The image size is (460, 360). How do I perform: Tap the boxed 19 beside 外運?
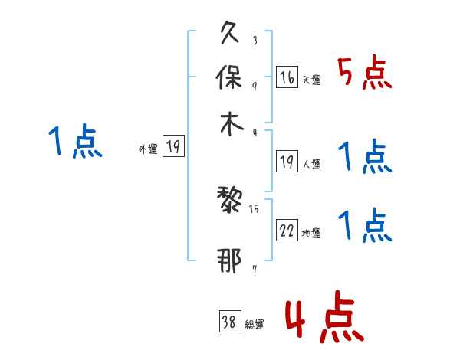click(x=174, y=147)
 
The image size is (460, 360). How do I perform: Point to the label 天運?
click(x=311, y=80)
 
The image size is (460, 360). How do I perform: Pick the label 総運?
click(x=255, y=324)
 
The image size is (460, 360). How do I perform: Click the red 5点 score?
click(x=365, y=74)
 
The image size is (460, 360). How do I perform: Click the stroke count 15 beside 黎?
click(x=255, y=207)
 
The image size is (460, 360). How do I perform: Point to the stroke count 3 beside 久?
click(x=255, y=40)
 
